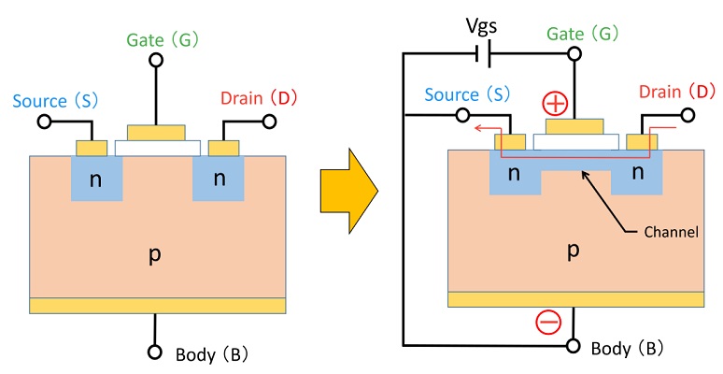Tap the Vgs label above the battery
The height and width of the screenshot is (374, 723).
(x=485, y=26)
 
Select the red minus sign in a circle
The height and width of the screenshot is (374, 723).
(x=549, y=323)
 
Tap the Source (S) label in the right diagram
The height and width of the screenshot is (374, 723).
(x=467, y=93)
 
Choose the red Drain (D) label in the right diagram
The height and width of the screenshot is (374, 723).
(x=676, y=92)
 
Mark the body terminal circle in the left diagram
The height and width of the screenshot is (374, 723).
(x=156, y=353)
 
